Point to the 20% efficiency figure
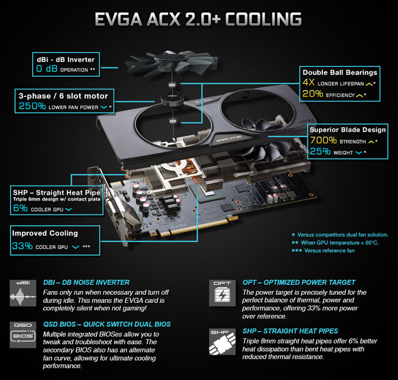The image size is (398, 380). pyautogui.click(x=312, y=95)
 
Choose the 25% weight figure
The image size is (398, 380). pyautogui.click(x=320, y=152)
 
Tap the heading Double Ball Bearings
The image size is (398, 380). pyautogui.click(x=339, y=72)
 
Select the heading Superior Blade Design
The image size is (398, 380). pyautogui.click(x=348, y=130)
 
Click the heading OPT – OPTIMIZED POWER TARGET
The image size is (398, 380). pyautogui.click(x=298, y=282)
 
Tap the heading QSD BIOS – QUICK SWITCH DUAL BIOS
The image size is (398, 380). pyautogui.click(x=107, y=324)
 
